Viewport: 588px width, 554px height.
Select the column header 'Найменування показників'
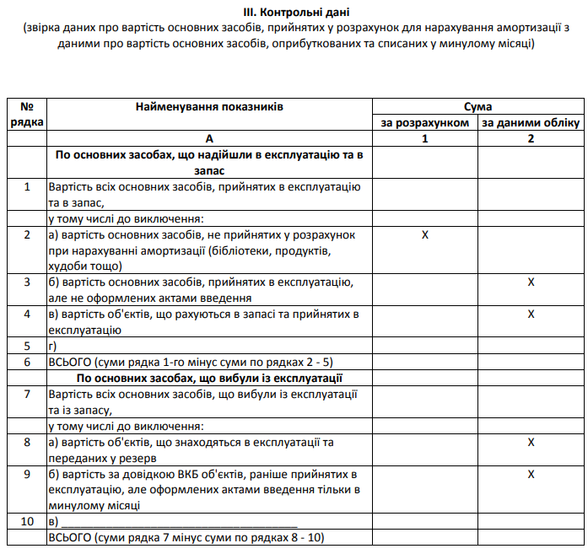pyautogui.click(x=208, y=107)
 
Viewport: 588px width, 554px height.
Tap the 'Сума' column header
pyautogui.click(x=477, y=107)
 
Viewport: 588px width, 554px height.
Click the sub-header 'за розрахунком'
pyautogui.click(x=425, y=123)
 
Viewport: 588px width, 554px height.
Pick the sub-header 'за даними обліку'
pyautogui.click(x=531, y=123)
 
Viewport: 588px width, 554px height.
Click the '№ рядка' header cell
pyautogui.click(x=27, y=115)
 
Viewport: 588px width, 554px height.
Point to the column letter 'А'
pyautogui.click(x=208, y=138)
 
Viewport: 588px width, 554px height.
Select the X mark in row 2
pyautogui.click(x=425, y=234)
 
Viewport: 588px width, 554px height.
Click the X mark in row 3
pyautogui.click(x=531, y=282)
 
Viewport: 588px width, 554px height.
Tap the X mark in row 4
pyautogui.click(x=531, y=314)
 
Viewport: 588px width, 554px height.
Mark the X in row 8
pyautogui.click(x=531, y=442)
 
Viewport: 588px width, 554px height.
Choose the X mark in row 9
pyautogui.click(x=531, y=474)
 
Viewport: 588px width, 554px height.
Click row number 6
pyautogui.click(x=27, y=362)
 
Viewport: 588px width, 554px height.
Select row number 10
pyautogui.click(x=27, y=522)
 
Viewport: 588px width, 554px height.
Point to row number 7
pyautogui.click(x=27, y=394)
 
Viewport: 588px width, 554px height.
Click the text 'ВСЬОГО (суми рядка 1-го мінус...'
pyautogui.click(x=190, y=362)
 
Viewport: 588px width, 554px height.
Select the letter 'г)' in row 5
pyautogui.click(x=54, y=346)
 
